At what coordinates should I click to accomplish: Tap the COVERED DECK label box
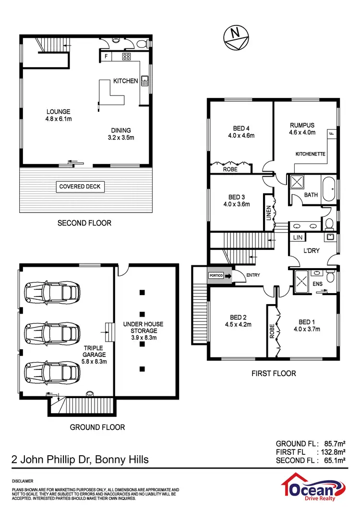click(x=80, y=187)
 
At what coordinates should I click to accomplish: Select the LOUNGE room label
click(x=58, y=112)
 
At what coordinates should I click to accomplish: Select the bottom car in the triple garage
click(x=52, y=371)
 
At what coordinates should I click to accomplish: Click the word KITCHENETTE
click(x=311, y=154)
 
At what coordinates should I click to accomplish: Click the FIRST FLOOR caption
click(x=274, y=373)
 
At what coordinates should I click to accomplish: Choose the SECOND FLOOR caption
click(x=84, y=223)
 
